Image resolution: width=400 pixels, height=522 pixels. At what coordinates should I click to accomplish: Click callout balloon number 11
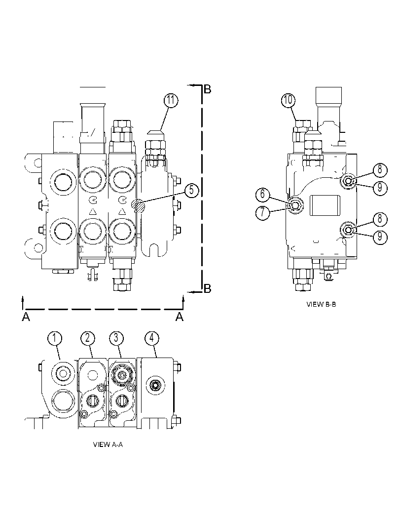(x=171, y=101)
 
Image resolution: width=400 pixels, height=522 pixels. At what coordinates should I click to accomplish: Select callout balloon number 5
(x=191, y=191)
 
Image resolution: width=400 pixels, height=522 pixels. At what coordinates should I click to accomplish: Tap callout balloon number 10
(x=288, y=100)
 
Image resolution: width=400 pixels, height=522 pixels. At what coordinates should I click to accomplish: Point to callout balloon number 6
(x=263, y=194)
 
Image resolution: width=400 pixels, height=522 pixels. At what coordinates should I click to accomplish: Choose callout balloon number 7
(x=263, y=212)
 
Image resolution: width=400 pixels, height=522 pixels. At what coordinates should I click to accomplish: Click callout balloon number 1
(x=55, y=338)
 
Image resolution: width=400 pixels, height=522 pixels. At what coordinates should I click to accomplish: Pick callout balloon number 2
(x=87, y=338)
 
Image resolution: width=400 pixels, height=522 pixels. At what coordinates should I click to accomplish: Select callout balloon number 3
(x=116, y=338)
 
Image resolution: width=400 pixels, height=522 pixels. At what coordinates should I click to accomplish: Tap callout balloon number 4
(x=151, y=338)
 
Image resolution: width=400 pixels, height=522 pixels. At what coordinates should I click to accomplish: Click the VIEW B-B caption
(x=321, y=304)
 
